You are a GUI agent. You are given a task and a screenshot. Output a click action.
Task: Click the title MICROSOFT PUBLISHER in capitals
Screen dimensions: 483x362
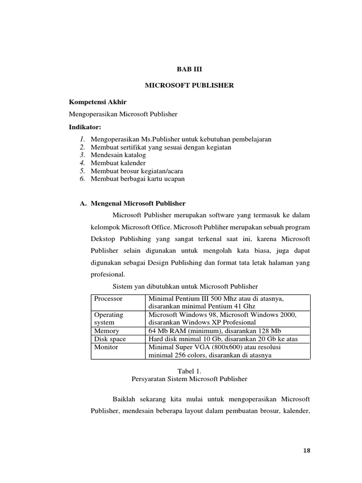[x=189, y=85]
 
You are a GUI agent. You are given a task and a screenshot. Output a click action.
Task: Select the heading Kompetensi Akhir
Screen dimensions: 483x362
[x=98, y=102]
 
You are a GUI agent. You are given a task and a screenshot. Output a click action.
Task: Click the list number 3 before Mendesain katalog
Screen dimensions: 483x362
[x=82, y=155]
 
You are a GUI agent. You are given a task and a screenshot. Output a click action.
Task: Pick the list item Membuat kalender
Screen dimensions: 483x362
[x=118, y=163]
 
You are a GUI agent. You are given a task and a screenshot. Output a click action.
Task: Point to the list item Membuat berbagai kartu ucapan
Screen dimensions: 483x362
[x=138, y=179]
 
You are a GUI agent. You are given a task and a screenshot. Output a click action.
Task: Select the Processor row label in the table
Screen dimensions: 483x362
[x=108, y=299]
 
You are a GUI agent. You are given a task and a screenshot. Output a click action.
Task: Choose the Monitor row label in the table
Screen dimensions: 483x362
[x=107, y=347]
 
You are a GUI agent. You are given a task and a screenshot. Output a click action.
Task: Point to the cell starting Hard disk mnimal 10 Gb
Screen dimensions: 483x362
[x=222, y=339]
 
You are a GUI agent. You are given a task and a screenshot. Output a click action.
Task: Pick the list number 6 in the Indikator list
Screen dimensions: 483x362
[x=82, y=179]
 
